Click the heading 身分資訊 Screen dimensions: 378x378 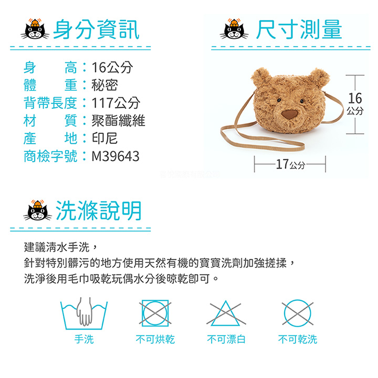point(96,29)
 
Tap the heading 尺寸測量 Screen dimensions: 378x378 point(299,29)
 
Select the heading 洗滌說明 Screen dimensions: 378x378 point(99,211)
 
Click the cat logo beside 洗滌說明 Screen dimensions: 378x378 point(37,210)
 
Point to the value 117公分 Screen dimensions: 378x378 point(116,103)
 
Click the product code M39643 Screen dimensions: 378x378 point(115,156)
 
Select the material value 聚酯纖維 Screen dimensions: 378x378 point(118,121)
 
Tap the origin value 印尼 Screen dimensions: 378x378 point(104,139)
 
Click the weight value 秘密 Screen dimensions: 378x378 point(104,85)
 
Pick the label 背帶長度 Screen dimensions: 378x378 point(50,103)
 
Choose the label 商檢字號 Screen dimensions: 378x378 point(50,156)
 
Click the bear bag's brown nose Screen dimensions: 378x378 point(289,114)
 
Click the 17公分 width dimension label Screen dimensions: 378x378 point(290,164)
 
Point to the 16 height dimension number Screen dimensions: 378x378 point(355,98)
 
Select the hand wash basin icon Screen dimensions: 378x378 point(84,313)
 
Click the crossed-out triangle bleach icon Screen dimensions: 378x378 point(226,313)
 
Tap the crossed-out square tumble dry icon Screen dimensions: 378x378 point(155,313)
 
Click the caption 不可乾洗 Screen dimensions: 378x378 point(298,339)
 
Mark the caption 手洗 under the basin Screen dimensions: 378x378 point(84,339)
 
